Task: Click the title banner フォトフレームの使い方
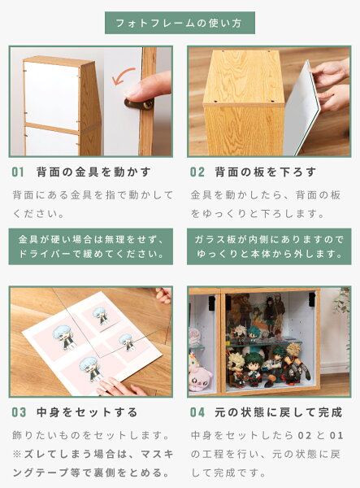(x=180, y=23)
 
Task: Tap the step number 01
(x=18, y=172)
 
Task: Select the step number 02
(x=197, y=172)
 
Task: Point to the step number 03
(x=19, y=412)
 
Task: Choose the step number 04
(x=197, y=412)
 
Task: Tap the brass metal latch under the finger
(x=139, y=104)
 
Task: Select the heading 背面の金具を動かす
(x=93, y=172)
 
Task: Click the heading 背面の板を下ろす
(x=266, y=172)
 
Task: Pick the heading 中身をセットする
(x=87, y=412)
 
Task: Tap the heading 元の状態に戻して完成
(x=279, y=412)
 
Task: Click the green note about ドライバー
(x=91, y=246)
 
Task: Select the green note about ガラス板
(x=269, y=246)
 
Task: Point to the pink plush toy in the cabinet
(x=200, y=373)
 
